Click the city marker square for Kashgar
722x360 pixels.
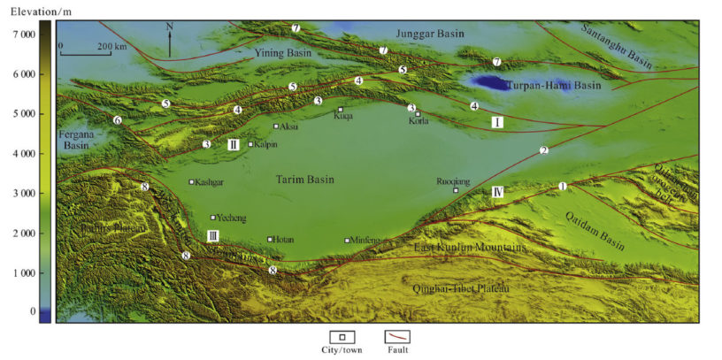pos(191,182)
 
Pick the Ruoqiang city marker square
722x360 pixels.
pos(456,190)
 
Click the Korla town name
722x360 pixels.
pos(418,122)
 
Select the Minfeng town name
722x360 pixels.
pos(364,241)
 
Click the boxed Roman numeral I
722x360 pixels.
pos(497,122)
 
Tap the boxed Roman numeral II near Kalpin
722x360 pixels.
pos(233,144)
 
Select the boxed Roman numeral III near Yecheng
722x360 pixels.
pos(212,235)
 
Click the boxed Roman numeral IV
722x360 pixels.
pos(497,191)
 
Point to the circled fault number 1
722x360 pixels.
pos(561,186)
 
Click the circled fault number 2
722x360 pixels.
pos(544,150)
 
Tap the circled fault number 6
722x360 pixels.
pos(117,120)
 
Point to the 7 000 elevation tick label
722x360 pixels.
pos(23,34)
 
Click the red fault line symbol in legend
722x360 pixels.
pos(396,337)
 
